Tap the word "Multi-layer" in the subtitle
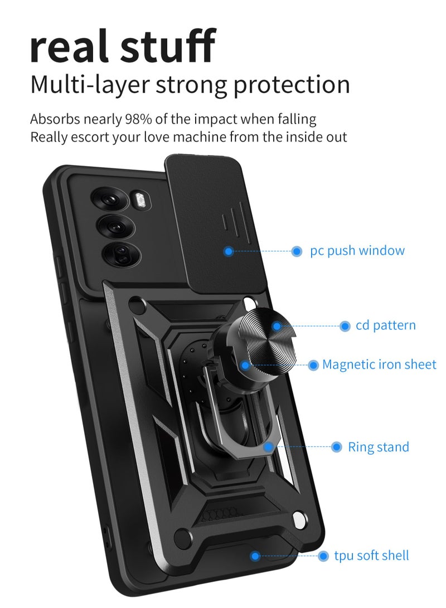[x=89, y=84]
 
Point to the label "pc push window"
[x=357, y=251]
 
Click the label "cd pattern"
[x=386, y=325]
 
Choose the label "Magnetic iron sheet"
[x=379, y=364]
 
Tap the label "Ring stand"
[x=379, y=447]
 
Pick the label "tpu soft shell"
[x=371, y=556]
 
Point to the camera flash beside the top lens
[x=138, y=199]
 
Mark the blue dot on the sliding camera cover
[x=227, y=251]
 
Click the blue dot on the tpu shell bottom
[x=255, y=556]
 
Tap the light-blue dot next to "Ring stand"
[x=336, y=447]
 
